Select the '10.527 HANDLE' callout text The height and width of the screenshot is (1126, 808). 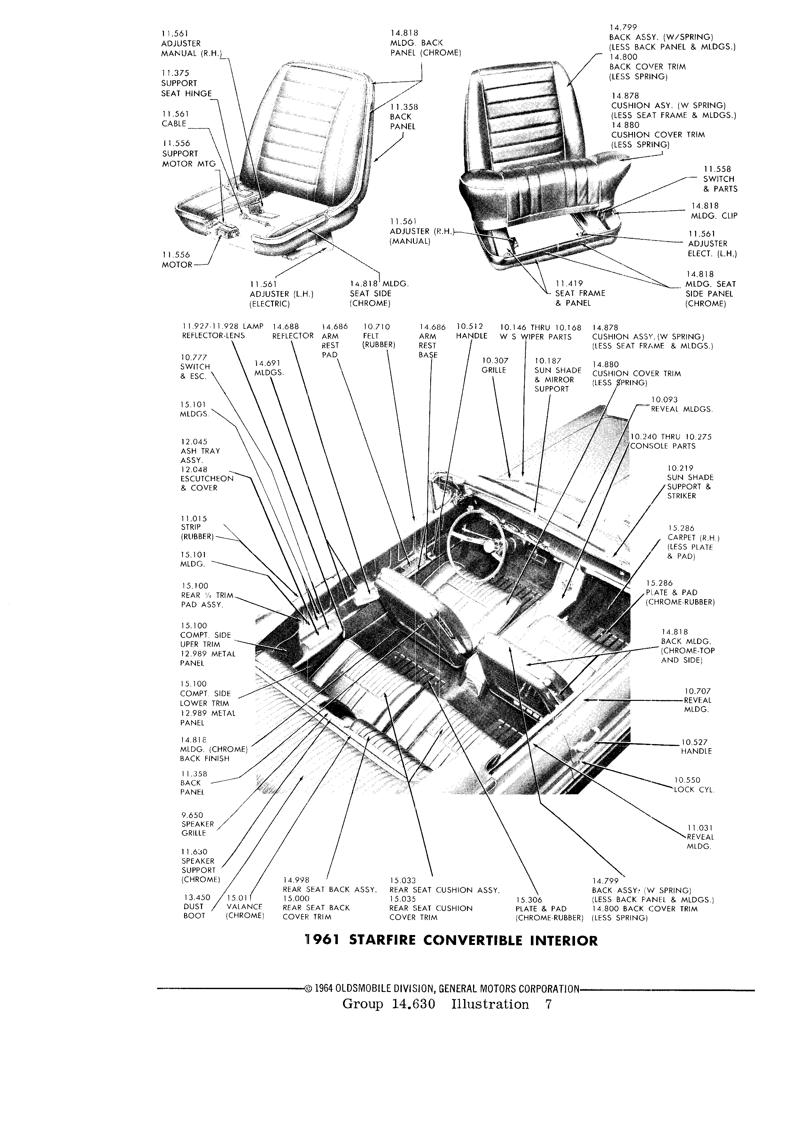696,747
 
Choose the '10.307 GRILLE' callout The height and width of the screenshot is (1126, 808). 494,365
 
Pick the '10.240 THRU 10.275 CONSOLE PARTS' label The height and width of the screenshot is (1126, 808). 671,441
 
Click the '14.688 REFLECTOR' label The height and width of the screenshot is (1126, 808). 293,331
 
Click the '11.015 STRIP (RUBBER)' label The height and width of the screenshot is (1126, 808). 198,528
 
